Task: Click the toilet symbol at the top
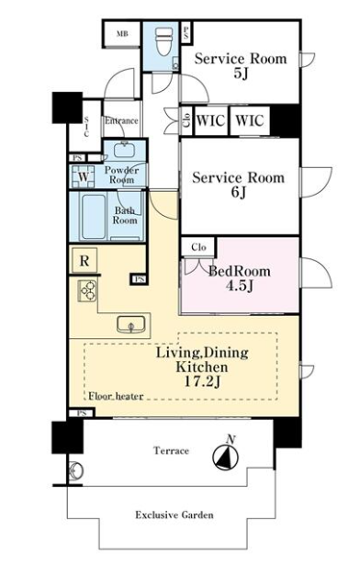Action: tap(163, 41)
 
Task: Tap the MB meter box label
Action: tap(122, 34)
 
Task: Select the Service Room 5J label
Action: tap(241, 65)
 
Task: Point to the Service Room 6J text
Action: tap(238, 184)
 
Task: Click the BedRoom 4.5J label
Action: tap(240, 277)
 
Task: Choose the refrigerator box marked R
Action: tap(84, 260)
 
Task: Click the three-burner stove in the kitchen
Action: tap(87, 290)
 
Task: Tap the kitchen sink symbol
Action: tap(130, 324)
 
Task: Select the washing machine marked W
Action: tap(84, 176)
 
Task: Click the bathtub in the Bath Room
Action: tap(94, 217)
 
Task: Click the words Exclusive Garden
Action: tap(174, 514)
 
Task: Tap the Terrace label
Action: tap(171, 450)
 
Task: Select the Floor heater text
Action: tap(116, 396)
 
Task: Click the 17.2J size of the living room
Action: tap(202, 381)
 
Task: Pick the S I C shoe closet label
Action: tap(86, 126)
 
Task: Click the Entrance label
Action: tap(121, 120)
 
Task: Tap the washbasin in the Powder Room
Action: tap(125, 150)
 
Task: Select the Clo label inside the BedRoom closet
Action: tap(198, 247)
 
